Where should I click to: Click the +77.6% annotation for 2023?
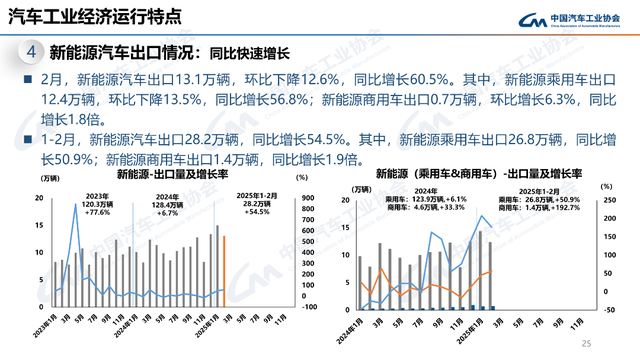pos(97,213)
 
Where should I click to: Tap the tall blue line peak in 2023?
pos(75,207)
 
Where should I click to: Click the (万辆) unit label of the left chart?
pos(48,179)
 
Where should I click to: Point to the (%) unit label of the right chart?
pos(606,186)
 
